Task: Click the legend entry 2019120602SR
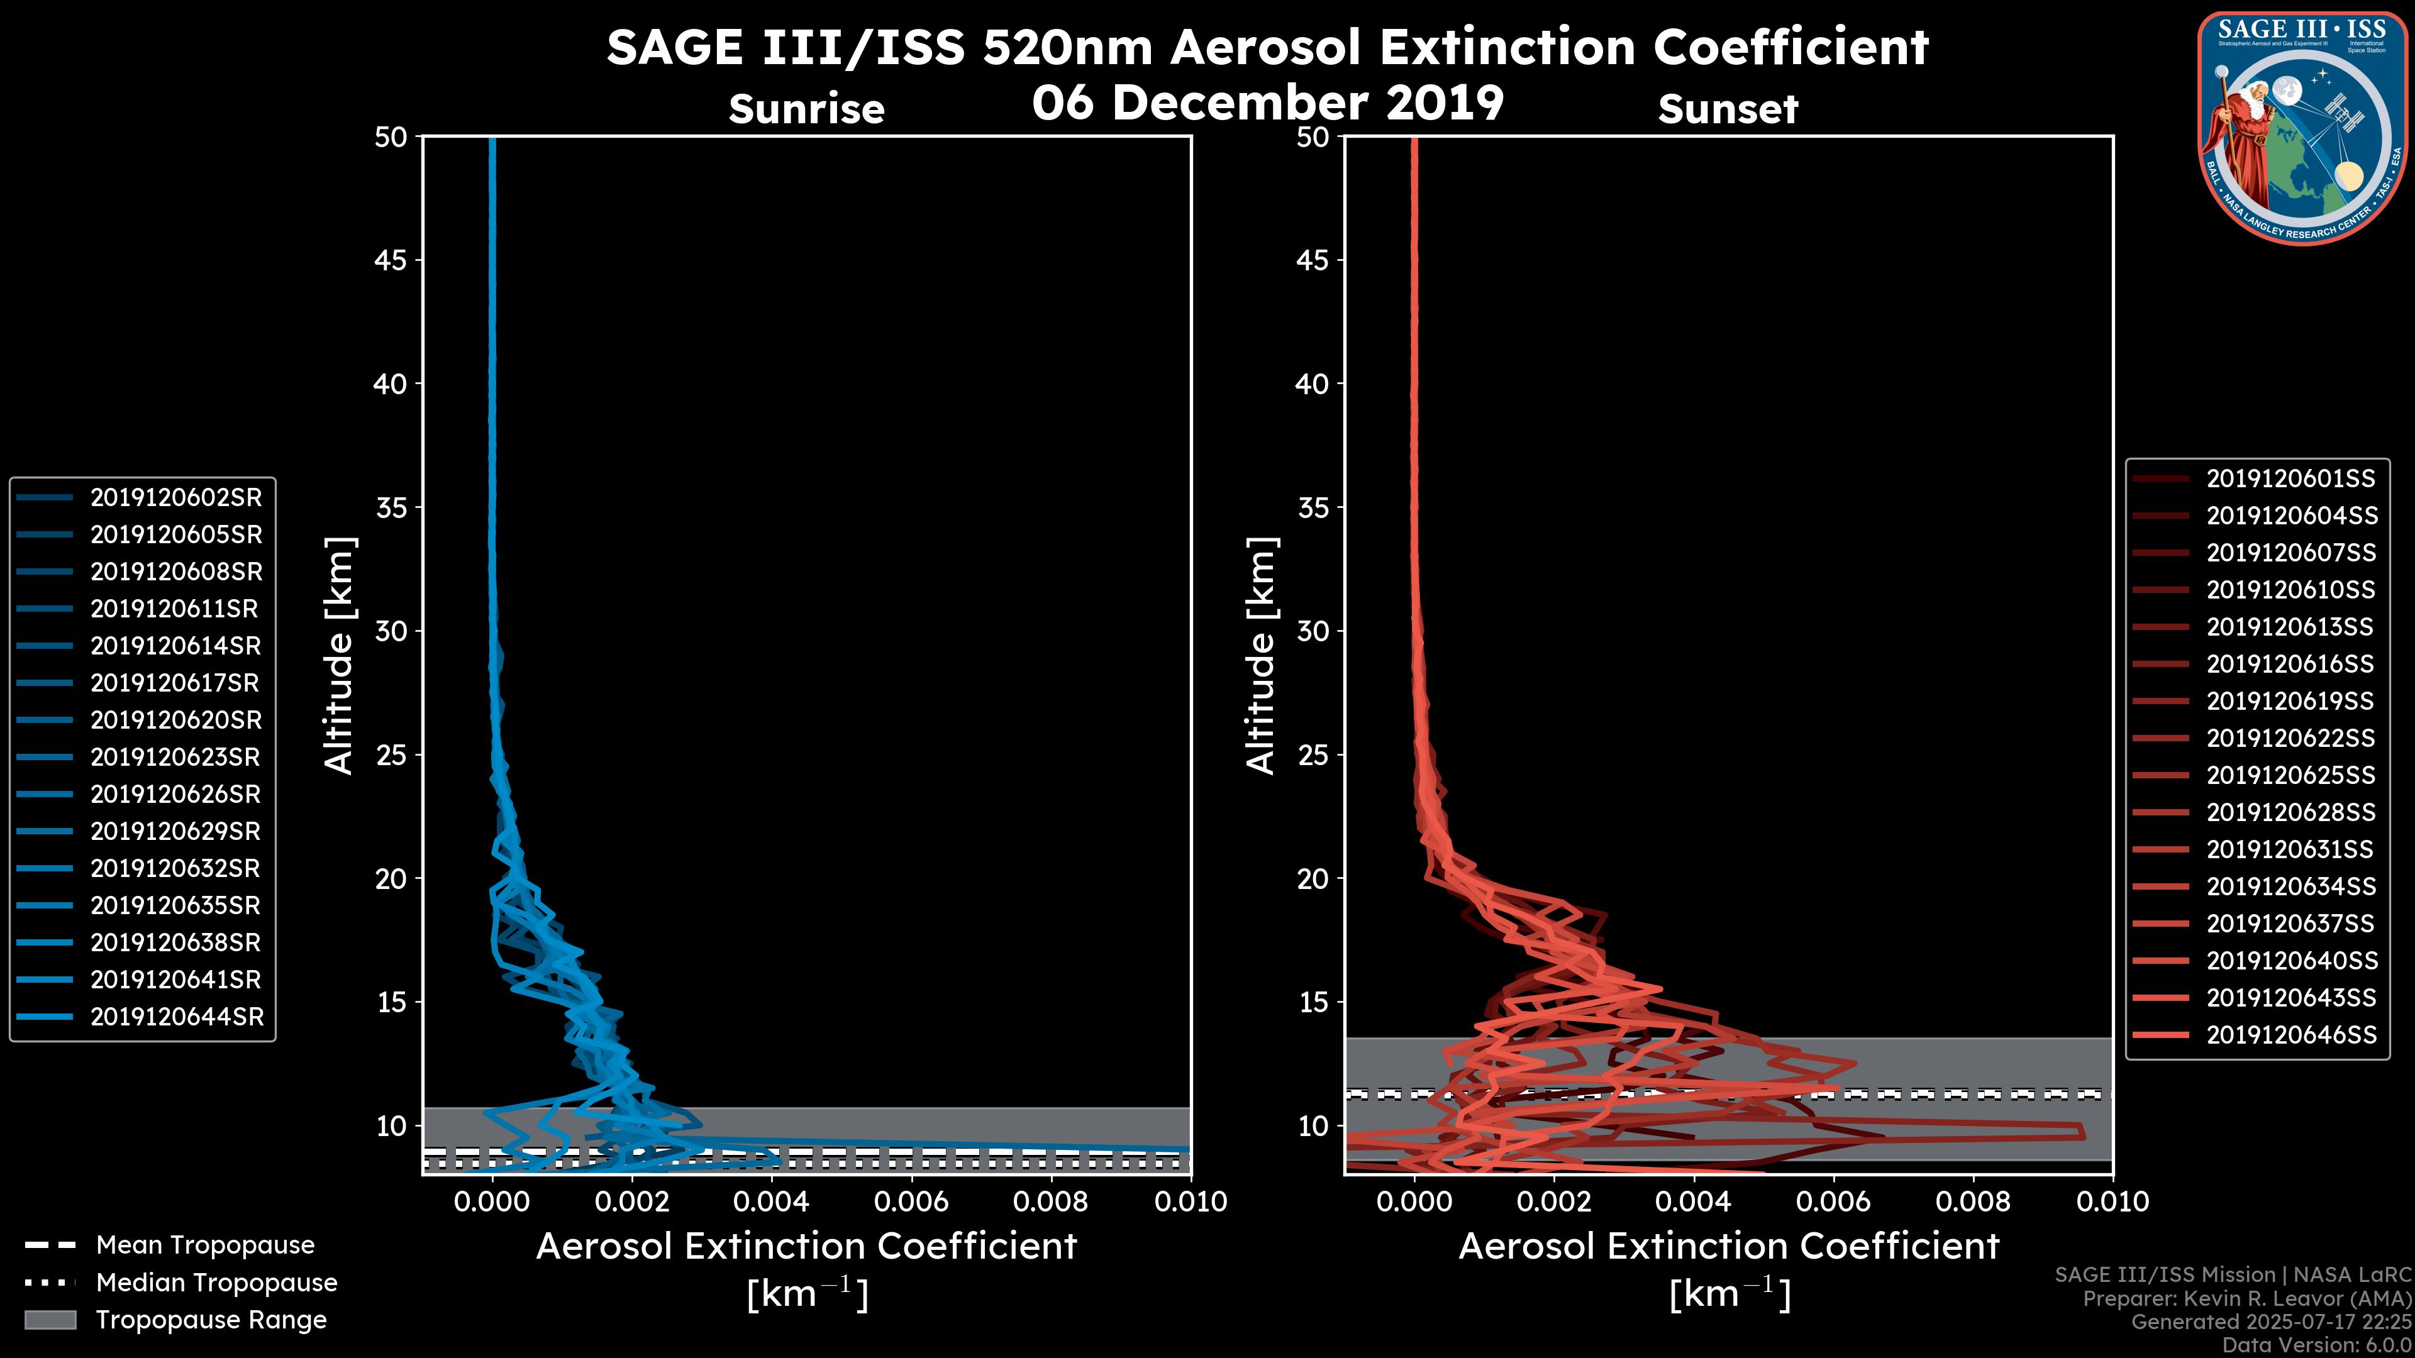click(x=175, y=498)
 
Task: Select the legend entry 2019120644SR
click(x=176, y=1017)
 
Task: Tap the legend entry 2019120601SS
click(x=2290, y=479)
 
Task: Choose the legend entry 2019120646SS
click(x=2290, y=1035)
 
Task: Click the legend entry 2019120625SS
click(x=2290, y=775)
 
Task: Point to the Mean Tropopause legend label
click(x=205, y=1245)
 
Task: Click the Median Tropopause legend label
click(x=216, y=1282)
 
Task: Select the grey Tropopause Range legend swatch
click(x=50, y=1320)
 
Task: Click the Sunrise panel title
click(x=806, y=109)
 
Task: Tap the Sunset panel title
click(x=1728, y=109)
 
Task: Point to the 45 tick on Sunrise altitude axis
click(x=390, y=260)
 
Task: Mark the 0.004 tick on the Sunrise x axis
click(x=770, y=1201)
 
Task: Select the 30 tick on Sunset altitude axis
click(x=1313, y=631)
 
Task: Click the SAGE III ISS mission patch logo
click(x=2302, y=128)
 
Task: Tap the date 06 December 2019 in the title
click(x=1267, y=102)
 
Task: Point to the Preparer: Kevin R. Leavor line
click(x=2247, y=1299)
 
